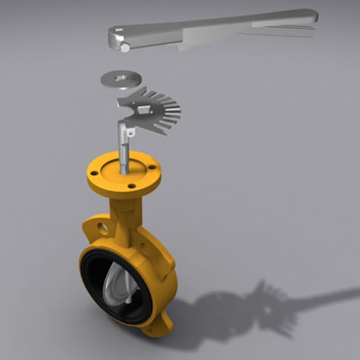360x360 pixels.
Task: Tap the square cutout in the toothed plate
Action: pos(143,110)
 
